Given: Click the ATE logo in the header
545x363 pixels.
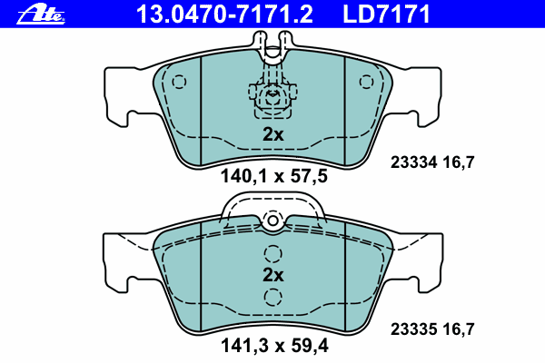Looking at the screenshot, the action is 41,15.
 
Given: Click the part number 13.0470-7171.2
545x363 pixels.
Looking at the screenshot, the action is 224,15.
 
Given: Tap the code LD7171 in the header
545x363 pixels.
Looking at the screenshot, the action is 386,15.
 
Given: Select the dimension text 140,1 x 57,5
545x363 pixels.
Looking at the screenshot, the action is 274,176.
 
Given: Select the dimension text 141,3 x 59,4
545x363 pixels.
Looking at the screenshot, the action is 274,346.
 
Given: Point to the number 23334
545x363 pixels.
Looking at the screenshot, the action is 413,162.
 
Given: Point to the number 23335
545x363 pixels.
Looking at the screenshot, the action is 413,329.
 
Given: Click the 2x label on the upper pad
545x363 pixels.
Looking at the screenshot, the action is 272,134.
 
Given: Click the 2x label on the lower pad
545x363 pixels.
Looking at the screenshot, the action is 272,275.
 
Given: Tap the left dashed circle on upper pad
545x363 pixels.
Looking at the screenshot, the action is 179,82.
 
